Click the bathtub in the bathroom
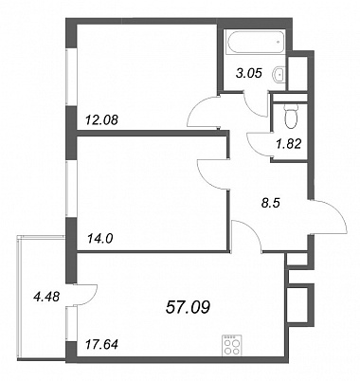tap(255, 42)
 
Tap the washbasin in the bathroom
tap(279, 75)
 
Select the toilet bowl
tap(291, 117)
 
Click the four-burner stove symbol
tap(231, 345)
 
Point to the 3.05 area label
tap(249, 74)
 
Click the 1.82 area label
tap(289, 144)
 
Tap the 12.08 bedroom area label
tap(101, 120)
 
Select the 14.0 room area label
tap(99, 239)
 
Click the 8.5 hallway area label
tap(271, 203)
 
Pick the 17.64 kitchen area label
tap(101, 344)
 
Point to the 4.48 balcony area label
tap(46, 297)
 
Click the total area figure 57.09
tap(188, 307)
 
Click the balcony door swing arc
tap(92, 297)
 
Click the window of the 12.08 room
tap(71, 77)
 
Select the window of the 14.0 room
tap(71, 189)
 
